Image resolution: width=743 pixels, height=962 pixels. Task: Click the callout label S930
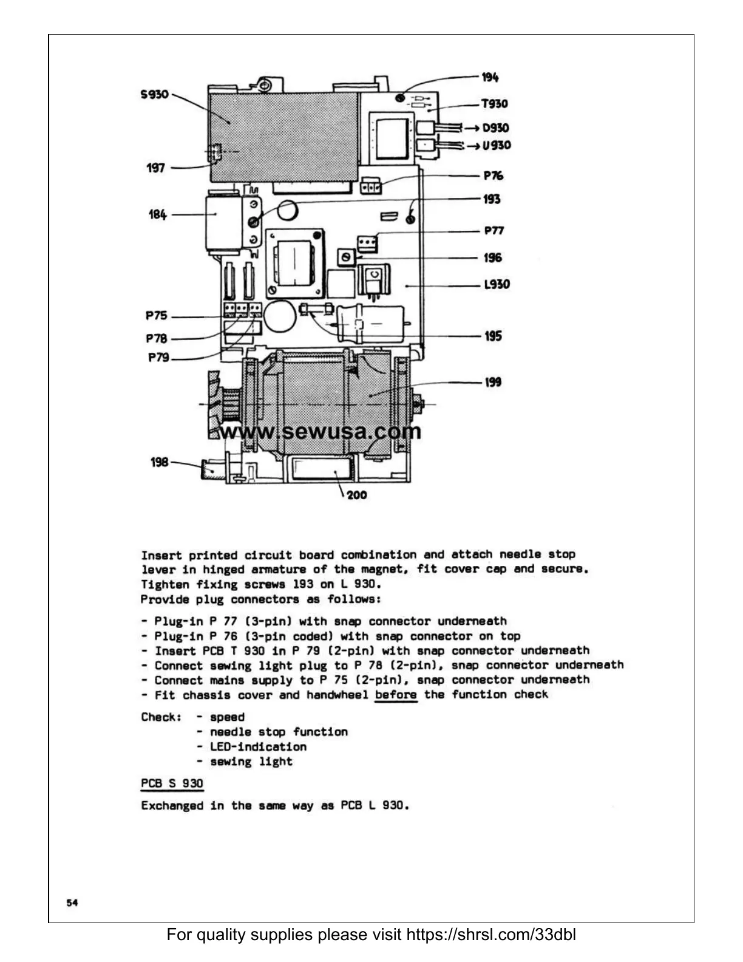click(x=154, y=95)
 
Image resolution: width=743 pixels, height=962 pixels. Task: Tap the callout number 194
click(x=490, y=77)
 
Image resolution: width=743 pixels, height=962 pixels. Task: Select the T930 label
click(x=495, y=104)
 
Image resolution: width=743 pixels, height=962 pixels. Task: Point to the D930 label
click(x=495, y=128)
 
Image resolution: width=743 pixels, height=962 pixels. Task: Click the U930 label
click(x=497, y=145)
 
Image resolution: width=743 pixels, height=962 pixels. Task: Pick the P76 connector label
click(x=493, y=176)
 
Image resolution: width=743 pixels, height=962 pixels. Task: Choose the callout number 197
click(x=156, y=168)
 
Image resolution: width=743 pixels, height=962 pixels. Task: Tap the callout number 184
click(x=158, y=214)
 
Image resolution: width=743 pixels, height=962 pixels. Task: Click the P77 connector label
click(x=494, y=231)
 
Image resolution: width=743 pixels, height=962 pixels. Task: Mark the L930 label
click(x=497, y=284)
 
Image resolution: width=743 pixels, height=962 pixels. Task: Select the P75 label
click(x=156, y=316)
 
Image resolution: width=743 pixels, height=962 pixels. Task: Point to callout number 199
click(x=493, y=382)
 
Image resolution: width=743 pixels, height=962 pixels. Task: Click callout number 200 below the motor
click(x=357, y=495)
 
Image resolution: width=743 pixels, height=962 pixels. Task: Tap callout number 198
click(x=159, y=462)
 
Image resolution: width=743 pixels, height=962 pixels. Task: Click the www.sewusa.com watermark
click(x=319, y=432)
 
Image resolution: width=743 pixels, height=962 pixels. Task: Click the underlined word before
click(x=396, y=695)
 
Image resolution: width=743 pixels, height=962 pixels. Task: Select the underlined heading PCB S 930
click(x=172, y=783)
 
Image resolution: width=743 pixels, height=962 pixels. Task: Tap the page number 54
click(x=72, y=902)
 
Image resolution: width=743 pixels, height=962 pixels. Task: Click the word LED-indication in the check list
click(x=258, y=747)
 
